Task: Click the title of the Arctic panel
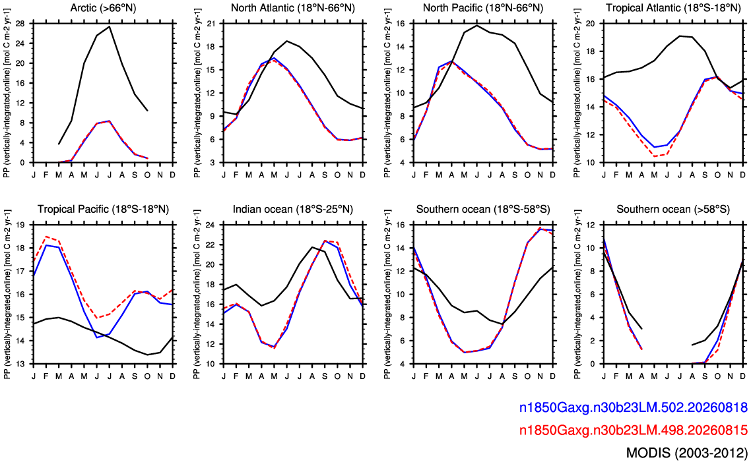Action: pos(103,8)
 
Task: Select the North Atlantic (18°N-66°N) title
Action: pos(292,8)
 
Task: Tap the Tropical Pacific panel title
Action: pos(103,209)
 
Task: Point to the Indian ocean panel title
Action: pos(292,209)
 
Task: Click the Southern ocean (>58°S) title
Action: pos(673,209)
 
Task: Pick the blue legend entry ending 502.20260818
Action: pos(633,407)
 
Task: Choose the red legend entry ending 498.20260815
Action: pos(633,430)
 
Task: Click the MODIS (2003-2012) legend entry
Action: pos(687,452)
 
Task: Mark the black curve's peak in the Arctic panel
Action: pos(110,26)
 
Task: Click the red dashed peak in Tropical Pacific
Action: pos(46,237)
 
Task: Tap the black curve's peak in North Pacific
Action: pos(477,25)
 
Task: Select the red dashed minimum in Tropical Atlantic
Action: pos(654,156)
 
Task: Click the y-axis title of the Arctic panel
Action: pos(7,93)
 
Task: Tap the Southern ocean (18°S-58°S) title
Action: pos(483,209)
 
